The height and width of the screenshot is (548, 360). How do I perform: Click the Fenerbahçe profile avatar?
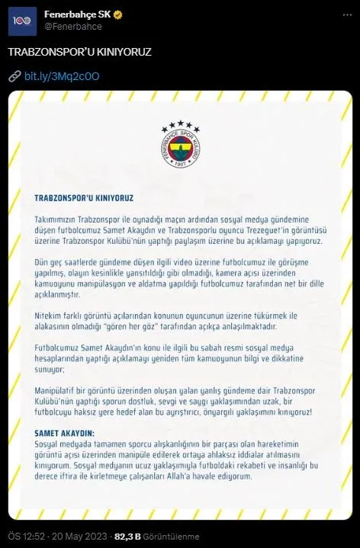pyautogui.click(x=21, y=20)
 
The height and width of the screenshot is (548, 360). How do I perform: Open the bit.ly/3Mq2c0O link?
pyautogui.click(x=63, y=76)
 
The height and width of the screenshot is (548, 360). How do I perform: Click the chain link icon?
pyautogui.click(x=14, y=76)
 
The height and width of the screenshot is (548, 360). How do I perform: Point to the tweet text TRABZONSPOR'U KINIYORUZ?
pyautogui.click(x=80, y=52)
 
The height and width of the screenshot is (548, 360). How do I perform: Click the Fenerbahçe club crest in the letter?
pyautogui.click(x=180, y=148)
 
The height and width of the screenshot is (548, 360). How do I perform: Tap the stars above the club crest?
pyautogui.click(x=180, y=124)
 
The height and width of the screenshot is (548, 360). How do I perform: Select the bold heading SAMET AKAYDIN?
pyautogui.click(x=64, y=432)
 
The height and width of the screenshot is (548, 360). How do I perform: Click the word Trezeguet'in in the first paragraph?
pyautogui.click(x=278, y=231)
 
